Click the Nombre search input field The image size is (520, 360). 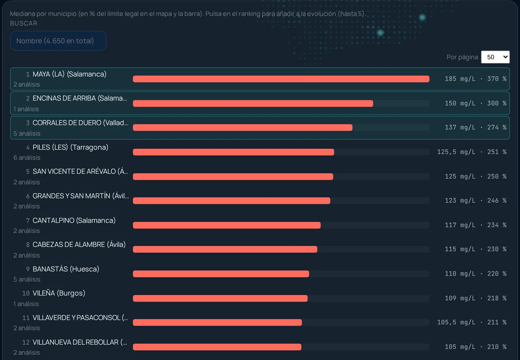point(58,41)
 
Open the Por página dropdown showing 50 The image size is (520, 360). point(495,57)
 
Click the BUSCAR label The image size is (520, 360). point(23,23)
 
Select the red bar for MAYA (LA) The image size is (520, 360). point(281,79)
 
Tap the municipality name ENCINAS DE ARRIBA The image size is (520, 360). point(80,98)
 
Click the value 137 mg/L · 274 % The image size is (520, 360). point(475,127)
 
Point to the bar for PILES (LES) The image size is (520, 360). point(233,152)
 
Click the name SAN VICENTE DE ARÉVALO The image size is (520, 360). point(80,171)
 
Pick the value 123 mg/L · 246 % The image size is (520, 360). point(475,200)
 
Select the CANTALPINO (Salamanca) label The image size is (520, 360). point(74,220)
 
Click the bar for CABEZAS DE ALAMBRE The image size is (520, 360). point(225,249)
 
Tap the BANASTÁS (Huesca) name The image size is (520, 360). point(66,269)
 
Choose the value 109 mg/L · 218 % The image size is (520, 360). point(475,298)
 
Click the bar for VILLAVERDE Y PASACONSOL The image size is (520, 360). point(217,323)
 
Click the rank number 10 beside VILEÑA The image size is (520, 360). point(26,294)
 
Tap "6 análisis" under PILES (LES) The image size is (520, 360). point(27,158)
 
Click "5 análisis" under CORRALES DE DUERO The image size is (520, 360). point(27,134)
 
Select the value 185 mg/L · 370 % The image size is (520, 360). point(475,79)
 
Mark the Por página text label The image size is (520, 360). point(462,57)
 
